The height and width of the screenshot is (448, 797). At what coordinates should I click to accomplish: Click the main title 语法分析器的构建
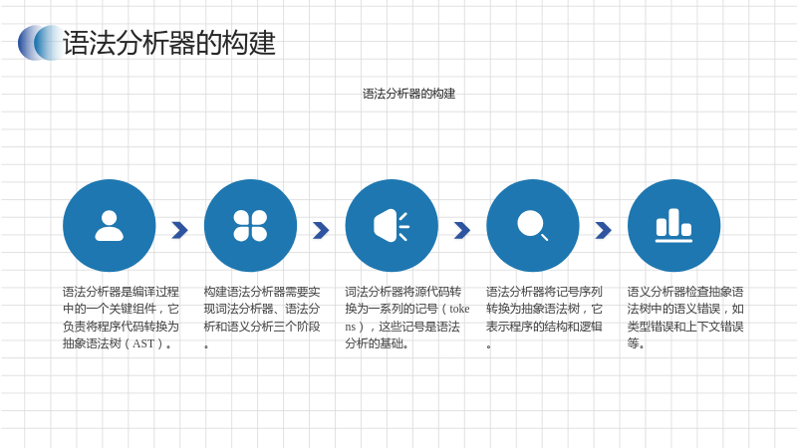coord(168,43)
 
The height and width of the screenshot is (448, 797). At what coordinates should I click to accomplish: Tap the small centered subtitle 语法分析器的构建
coord(408,94)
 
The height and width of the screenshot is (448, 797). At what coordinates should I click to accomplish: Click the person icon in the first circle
coord(110,226)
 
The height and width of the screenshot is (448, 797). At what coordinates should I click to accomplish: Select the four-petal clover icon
coord(250,226)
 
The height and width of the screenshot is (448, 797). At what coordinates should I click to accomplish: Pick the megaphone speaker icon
coord(392,226)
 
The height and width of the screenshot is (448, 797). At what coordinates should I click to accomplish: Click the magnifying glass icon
coord(532,225)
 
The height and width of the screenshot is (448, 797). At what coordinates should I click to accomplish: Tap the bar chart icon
coord(673,226)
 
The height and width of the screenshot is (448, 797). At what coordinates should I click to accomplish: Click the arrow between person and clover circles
coord(180,230)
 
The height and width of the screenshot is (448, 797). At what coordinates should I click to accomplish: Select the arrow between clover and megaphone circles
coord(321,230)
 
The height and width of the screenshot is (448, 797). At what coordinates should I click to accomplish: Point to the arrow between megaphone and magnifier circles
coord(462,230)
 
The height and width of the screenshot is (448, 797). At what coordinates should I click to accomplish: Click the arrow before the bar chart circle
coord(604,230)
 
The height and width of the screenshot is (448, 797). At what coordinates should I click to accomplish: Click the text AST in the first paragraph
coord(143,343)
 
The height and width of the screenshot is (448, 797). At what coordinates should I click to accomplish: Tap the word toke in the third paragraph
coord(459,309)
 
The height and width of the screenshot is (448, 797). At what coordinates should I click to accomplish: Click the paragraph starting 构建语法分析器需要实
coord(262,318)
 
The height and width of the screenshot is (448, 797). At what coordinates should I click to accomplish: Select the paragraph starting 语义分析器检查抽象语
coord(685,318)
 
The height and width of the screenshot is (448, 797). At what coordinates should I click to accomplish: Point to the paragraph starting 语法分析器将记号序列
coord(544,318)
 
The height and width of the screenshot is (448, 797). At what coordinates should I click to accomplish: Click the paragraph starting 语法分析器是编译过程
coord(121,318)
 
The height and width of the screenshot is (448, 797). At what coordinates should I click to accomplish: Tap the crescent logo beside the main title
coord(41,43)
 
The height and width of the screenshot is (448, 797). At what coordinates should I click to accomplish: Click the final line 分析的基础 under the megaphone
coord(377,343)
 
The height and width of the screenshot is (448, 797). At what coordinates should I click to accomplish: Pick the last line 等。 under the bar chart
coord(636,343)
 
